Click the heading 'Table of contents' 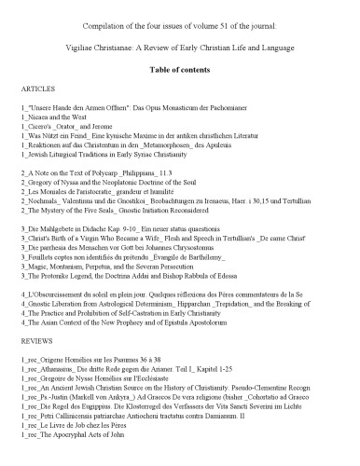180,70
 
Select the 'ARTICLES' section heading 36,92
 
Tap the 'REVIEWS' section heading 35,346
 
